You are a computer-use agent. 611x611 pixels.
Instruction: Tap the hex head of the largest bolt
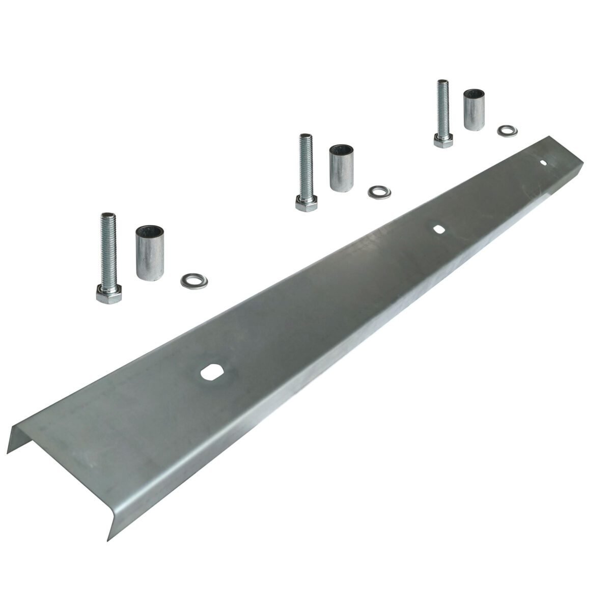108,295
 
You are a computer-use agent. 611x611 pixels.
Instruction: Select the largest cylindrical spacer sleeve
148,252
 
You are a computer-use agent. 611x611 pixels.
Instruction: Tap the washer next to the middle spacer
378,192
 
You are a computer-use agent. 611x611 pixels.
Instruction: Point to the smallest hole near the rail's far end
544,163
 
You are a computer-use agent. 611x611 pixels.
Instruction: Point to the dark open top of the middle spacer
341,150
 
